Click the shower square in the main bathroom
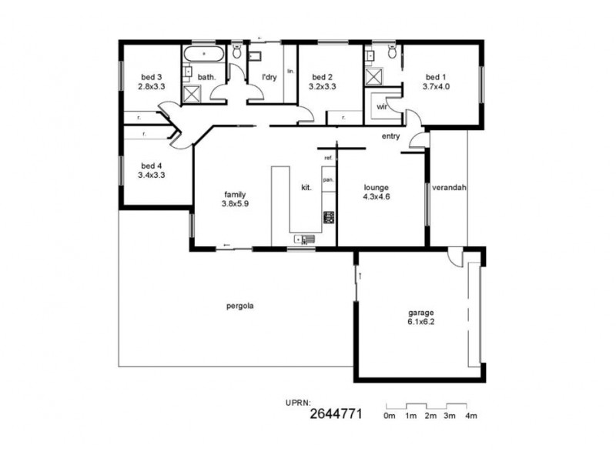(x=192, y=94)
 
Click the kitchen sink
(x=304, y=239)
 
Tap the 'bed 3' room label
(x=151, y=77)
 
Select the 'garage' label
(x=420, y=313)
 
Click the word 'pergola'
(x=240, y=306)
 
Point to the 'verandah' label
(x=450, y=187)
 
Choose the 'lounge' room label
(x=377, y=187)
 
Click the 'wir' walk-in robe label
(x=380, y=108)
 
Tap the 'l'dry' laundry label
(x=269, y=77)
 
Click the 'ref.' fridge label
(x=328, y=158)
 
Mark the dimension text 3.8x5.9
(x=236, y=204)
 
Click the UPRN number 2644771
(x=336, y=413)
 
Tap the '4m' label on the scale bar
(x=471, y=416)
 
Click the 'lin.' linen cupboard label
(x=290, y=71)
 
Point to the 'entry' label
(x=390, y=136)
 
